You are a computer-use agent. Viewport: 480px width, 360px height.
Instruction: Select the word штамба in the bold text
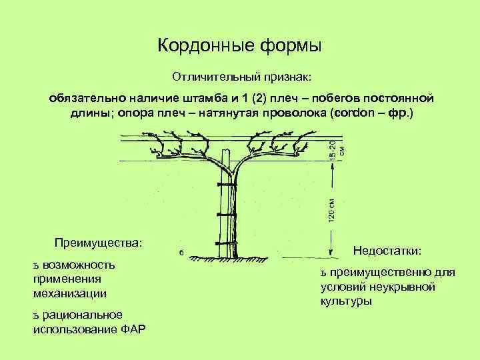coord(196,99)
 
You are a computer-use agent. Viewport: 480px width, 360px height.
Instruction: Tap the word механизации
coord(69,293)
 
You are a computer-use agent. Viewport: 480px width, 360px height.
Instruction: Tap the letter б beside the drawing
coord(181,253)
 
